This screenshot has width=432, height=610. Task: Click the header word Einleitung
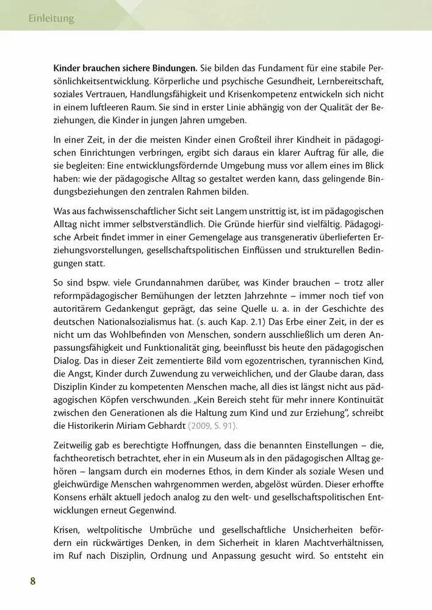(x=51, y=18)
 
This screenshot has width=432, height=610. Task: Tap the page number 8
(x=33, y=579)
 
